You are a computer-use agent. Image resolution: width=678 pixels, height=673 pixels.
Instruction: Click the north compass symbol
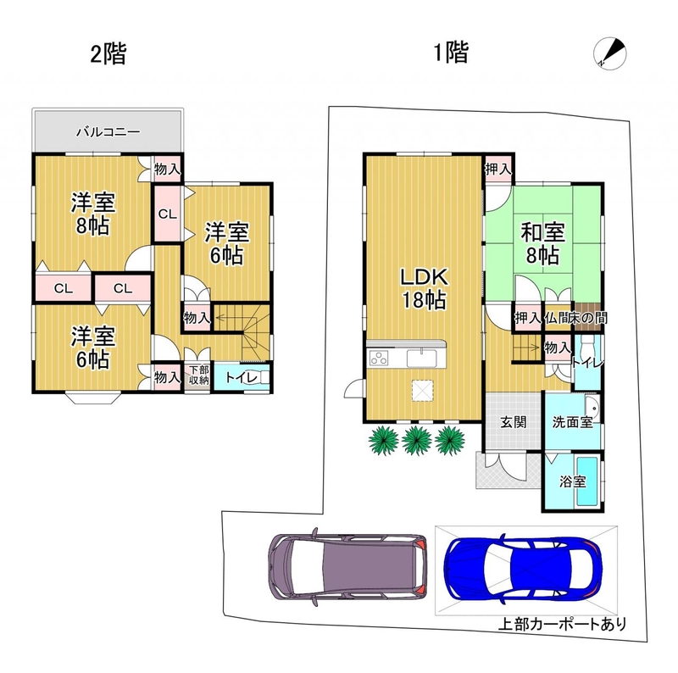coord(609,53)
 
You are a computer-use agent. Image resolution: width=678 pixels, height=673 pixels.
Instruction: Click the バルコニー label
coord(108,131)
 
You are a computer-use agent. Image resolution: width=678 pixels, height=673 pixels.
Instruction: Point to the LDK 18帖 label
coord(424,288)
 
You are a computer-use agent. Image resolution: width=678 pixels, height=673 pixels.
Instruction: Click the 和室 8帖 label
coord(542,243)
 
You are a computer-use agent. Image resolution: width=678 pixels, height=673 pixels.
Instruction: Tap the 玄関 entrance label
coord(514,422)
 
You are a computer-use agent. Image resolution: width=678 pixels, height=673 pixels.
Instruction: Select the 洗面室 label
coord(572,422)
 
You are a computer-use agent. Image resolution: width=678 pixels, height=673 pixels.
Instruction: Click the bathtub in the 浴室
coord(587,481)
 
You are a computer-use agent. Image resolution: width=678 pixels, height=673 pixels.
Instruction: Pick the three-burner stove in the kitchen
coord(379,359)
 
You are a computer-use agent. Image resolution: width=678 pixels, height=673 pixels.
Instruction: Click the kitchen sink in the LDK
coord(421,359)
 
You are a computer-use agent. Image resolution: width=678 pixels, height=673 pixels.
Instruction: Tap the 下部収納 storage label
coord(198,375)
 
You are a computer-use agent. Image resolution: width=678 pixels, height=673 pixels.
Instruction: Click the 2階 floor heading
coord(108,55)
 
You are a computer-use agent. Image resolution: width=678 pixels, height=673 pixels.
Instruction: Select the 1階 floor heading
coord(451,53)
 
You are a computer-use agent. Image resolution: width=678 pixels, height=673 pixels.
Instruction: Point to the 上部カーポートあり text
coord(562,623)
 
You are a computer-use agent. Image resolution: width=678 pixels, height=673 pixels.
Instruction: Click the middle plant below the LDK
coord(417,440)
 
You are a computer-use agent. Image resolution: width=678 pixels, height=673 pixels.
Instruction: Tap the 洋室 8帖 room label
coord(93,214)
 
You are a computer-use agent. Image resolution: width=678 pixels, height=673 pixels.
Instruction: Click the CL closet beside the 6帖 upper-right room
coord(167,214)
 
